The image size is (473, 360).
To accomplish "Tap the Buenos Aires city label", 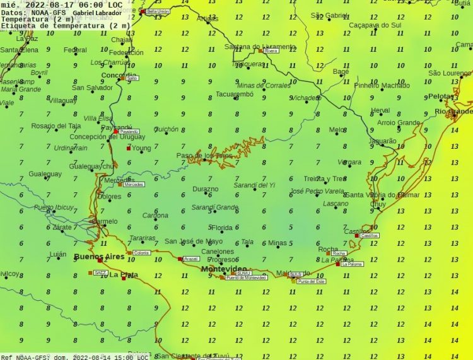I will click(x=99, y=257).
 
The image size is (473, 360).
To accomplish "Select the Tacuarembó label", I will click(x=235, y=94).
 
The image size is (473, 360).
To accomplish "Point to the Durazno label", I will click(x=205, y=189).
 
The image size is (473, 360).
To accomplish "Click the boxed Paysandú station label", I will click(x=128, y=131).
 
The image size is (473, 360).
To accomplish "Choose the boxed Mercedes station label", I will click(x=134, y=184).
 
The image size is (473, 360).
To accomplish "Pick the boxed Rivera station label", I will click(x=271, y=50).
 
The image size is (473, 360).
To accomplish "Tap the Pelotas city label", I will click(x=441, y=96).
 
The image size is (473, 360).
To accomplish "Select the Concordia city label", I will click(x=119, y=76).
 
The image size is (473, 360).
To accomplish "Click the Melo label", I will click(x=337, y=130).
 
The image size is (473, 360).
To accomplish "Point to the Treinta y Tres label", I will click(x=325, y=178).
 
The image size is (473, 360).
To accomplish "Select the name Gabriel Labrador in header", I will click(x=98, y=12).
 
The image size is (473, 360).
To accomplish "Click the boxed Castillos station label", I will click(x=370, y=235).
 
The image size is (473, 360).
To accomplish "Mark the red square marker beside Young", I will click(x=128, y=149).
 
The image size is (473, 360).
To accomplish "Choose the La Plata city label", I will click(x=124, y=274).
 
